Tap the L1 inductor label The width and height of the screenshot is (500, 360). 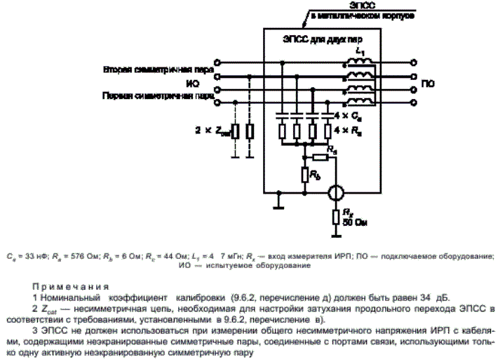360,52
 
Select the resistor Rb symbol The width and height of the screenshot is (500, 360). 305,174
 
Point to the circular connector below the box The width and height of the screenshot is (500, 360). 337,192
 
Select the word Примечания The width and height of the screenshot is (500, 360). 70,286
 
